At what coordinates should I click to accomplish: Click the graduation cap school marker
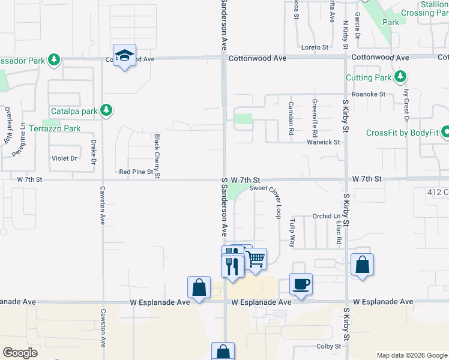click(124, 56)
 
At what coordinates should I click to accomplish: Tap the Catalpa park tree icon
click(106, 110)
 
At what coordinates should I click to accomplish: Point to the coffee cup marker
click(301, 284)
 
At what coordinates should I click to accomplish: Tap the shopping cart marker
click(256, 259)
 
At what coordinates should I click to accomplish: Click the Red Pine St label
click(136, 172)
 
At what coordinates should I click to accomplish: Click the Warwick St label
click(324, 142)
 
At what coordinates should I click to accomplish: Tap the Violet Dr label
click(64, 158)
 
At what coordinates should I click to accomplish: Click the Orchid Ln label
click(326, 216)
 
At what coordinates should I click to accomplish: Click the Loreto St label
click(315, 47)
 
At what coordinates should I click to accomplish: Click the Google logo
click(20, 353)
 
